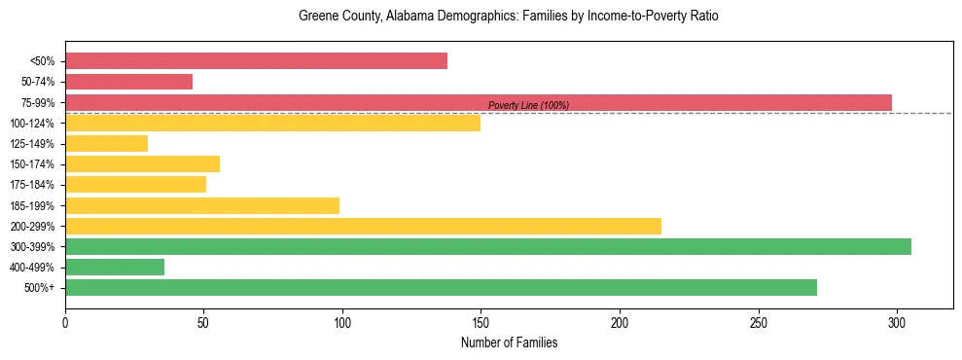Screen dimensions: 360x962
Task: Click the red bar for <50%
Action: tap(256, 61)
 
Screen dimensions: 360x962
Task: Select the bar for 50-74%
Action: tap(128, 82)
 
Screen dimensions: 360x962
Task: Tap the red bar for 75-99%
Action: tap(478, 102)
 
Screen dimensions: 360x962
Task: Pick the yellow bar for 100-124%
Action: tap(272, 123)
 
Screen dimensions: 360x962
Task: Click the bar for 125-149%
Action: tap(106, 143)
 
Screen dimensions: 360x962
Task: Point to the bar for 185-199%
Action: tap(202, 205)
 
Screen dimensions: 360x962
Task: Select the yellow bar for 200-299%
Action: tap(363, 226)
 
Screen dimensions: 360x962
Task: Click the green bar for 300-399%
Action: tap(487, 246)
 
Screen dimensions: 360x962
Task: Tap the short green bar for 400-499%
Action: tap(115, 267)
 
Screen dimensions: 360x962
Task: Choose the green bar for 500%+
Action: tap(441, 287)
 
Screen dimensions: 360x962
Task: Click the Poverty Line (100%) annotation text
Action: tap(528, 105)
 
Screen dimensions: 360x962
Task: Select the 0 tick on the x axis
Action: tap(65, 320)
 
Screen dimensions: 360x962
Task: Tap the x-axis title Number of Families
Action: tap(509, 342)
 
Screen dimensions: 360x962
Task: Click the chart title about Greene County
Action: tap(509, 17)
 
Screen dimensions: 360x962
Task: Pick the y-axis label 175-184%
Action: tap(32, 185)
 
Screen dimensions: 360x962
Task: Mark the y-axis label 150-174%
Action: tap(32, 164)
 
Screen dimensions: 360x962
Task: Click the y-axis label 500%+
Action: tap(38, 288)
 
